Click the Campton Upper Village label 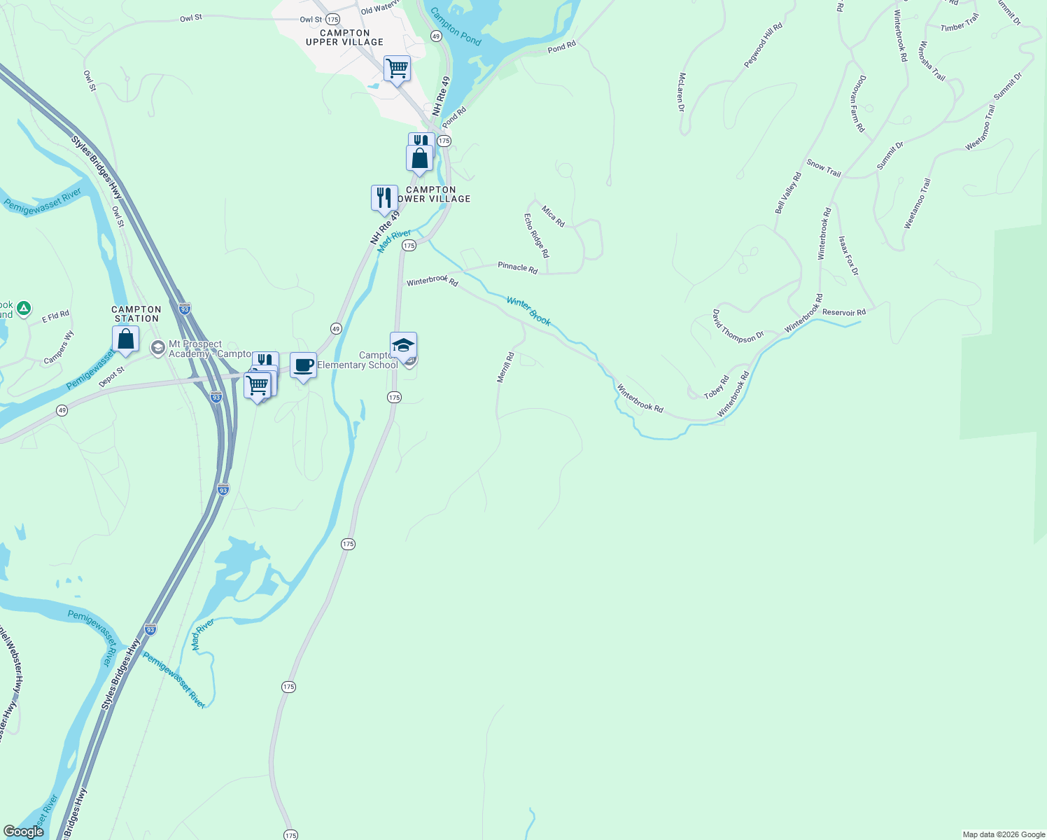[x=344, y=38]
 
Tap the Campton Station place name [x=136, y=314]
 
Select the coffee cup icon [x=303, y=365]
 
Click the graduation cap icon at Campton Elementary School [x=403, y=345]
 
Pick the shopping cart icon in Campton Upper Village [x=397, y=69]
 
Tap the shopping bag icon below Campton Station [x=125, y=339]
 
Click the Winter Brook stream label [x=528, y=311]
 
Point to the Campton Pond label [x=456, y=27]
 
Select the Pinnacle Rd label [x=517, y=267]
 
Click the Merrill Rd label [x=505, y=367]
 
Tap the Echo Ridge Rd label [x=537, y=236]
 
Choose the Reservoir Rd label [x=844, y=312]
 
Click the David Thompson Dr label [x=738, y=327]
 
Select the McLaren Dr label [x=681, y=92]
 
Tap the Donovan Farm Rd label [x=858, y=104]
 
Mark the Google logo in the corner [x=23, y=832]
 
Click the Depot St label [x=111, y=375]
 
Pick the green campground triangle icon [x=24, y=308]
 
